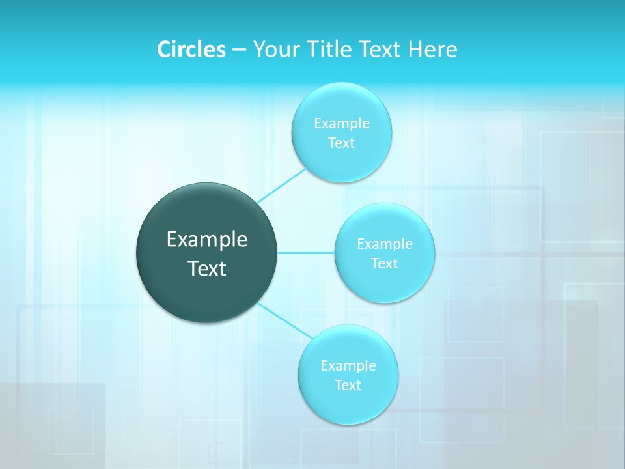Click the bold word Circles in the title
pyautogui.click(x=191, y=49)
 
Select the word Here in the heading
pyautogui.click(x=433, y=49)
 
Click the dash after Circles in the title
pyautogui.click(x=238, y=50)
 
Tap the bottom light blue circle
pyautogui.click(x=348, y=404)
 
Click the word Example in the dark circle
pyautogui.click(x=207, y=240)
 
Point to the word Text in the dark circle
pyautogui.click(x=207, y=268)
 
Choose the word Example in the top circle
pyautogui.click(x=341, y=123)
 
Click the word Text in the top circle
pyautogui.click(x=341, y=143)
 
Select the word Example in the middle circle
pyautogui.click(x=384, y=244)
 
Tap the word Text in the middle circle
pyautogui.click(x=384, y=264)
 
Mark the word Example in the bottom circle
pyautogui.click(x=348, y=365)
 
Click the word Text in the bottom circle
pyautogui.click(x=348, y=386)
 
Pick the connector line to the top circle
pyautogui.click(x=281, y=185)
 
